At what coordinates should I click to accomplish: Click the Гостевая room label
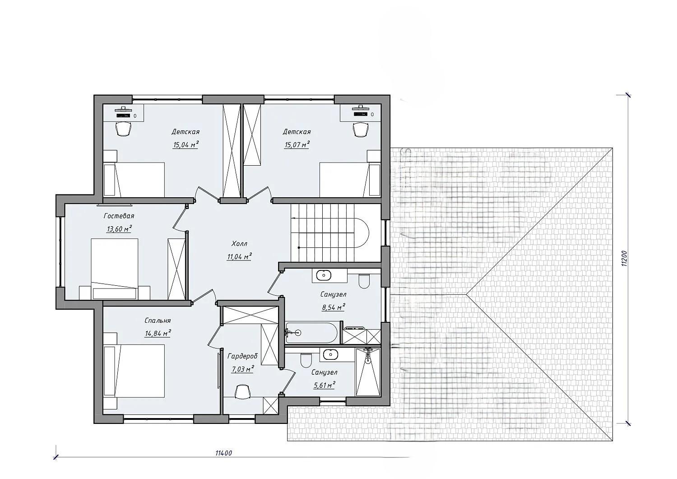pyautogui.click(x=119, y=216)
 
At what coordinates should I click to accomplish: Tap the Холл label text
pyautogui.click(x=239, y=243)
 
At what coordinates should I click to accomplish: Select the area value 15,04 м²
pyautogui.click(x=185, y=145)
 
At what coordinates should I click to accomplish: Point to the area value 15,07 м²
pyautogui.click(x=297, y=145)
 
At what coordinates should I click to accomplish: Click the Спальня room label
pyautogui.click(x=158, y=320)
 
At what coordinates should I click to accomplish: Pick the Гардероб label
pyautogui.click(x=242, y=356)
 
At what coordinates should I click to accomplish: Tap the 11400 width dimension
pyautogui.click(x=224, y=453)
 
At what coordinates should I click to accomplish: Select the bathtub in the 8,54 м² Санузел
pyautogui.click(x=311, y=333)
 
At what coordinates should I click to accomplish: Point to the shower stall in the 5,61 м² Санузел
pyautogui.click(x=368, y=372)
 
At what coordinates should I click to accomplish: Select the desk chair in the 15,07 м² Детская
pyautogui.click(x=361, y=129)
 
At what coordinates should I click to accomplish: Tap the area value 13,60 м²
pyautogui.click(x=119, y=229)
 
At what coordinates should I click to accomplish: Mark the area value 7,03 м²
pyautogui.click(x=242, y=369)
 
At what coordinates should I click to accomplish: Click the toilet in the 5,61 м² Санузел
pyautogui.click(x=306, y=360)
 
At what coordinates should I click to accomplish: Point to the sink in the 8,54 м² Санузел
pyautogui.click(x=324, y=275)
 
